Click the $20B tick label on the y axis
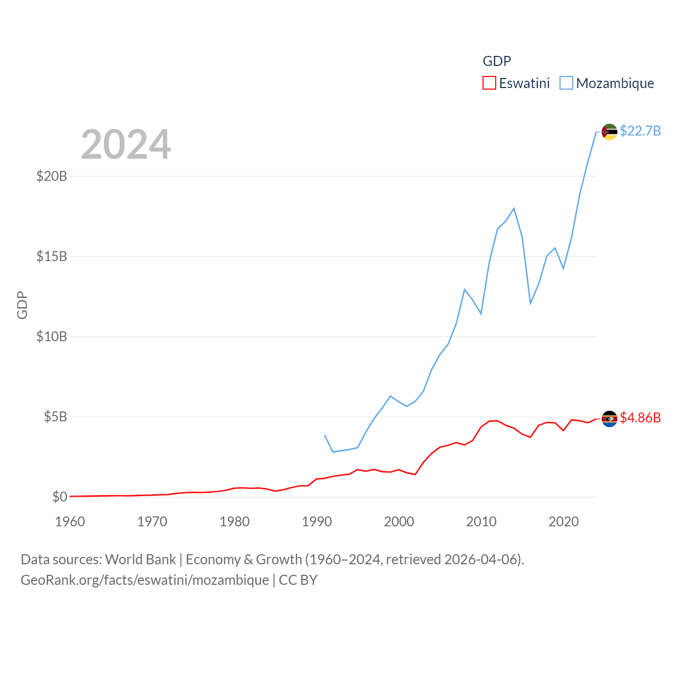(x=52, y=176)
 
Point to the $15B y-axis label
(x=52, y=256)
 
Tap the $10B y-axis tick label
(x=52, y=336)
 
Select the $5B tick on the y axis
(x=55, y=417)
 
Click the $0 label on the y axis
(x=60, y=497)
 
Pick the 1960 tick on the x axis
(x=70, y=522)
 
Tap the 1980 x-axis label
(x=235, y=522)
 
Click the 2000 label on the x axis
(x=399, y=522)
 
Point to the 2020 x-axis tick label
(x=564, y=522)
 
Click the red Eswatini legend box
(x=489, y=83)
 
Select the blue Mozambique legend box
(x=566, y=83)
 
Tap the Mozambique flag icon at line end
(x=609, y=132)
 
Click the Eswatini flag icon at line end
(x=609, y=419)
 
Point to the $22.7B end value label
(x=640, y=131)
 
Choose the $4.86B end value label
(x=640, y=418)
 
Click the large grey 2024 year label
(x=126, y=144)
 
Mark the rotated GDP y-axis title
(x=22, y=305)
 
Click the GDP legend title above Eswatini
(x=497, y=61)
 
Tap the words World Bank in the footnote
(x=140, y=559)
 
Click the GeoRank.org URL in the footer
(x=144, y=580)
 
